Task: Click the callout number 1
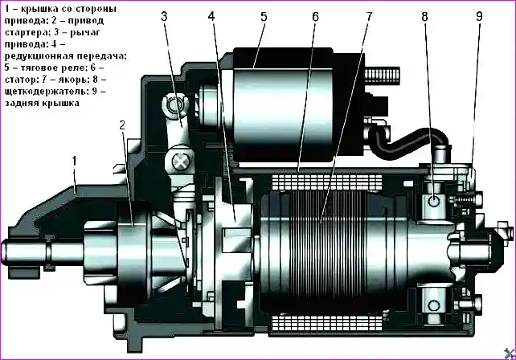point(74,161)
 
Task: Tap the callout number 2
point(122,125)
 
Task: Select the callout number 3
point(164,17)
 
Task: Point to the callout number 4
point(211,17)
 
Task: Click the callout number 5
point(264,17)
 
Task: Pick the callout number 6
point(316,17)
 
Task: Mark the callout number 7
point(369,17)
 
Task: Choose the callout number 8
point(424,17)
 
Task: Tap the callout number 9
point(479,17)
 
